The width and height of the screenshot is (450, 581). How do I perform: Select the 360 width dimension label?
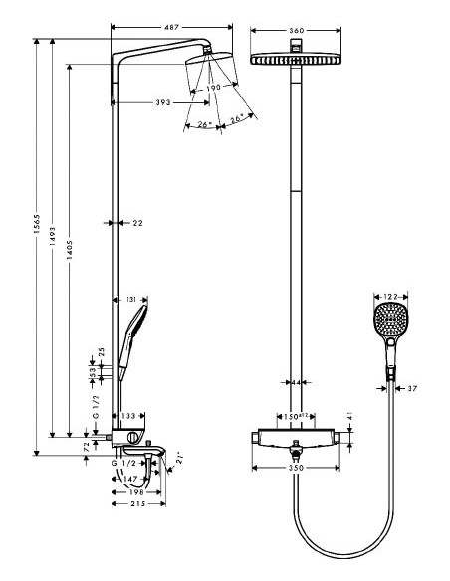tap(296, 30)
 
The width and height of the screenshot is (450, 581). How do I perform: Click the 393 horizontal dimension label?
tap(152, 101)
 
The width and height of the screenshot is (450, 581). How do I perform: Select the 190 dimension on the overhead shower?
tap(213, 88)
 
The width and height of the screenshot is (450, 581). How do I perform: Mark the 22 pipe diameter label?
tap(137, 223)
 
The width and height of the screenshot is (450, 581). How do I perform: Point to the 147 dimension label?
tap(132, 479)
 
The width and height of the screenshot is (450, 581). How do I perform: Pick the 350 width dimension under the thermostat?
tap(296, 466)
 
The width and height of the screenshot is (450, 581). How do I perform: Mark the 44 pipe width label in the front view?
tap(296, 382)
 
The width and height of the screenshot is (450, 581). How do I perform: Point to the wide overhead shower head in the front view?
tap(296, 59)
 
